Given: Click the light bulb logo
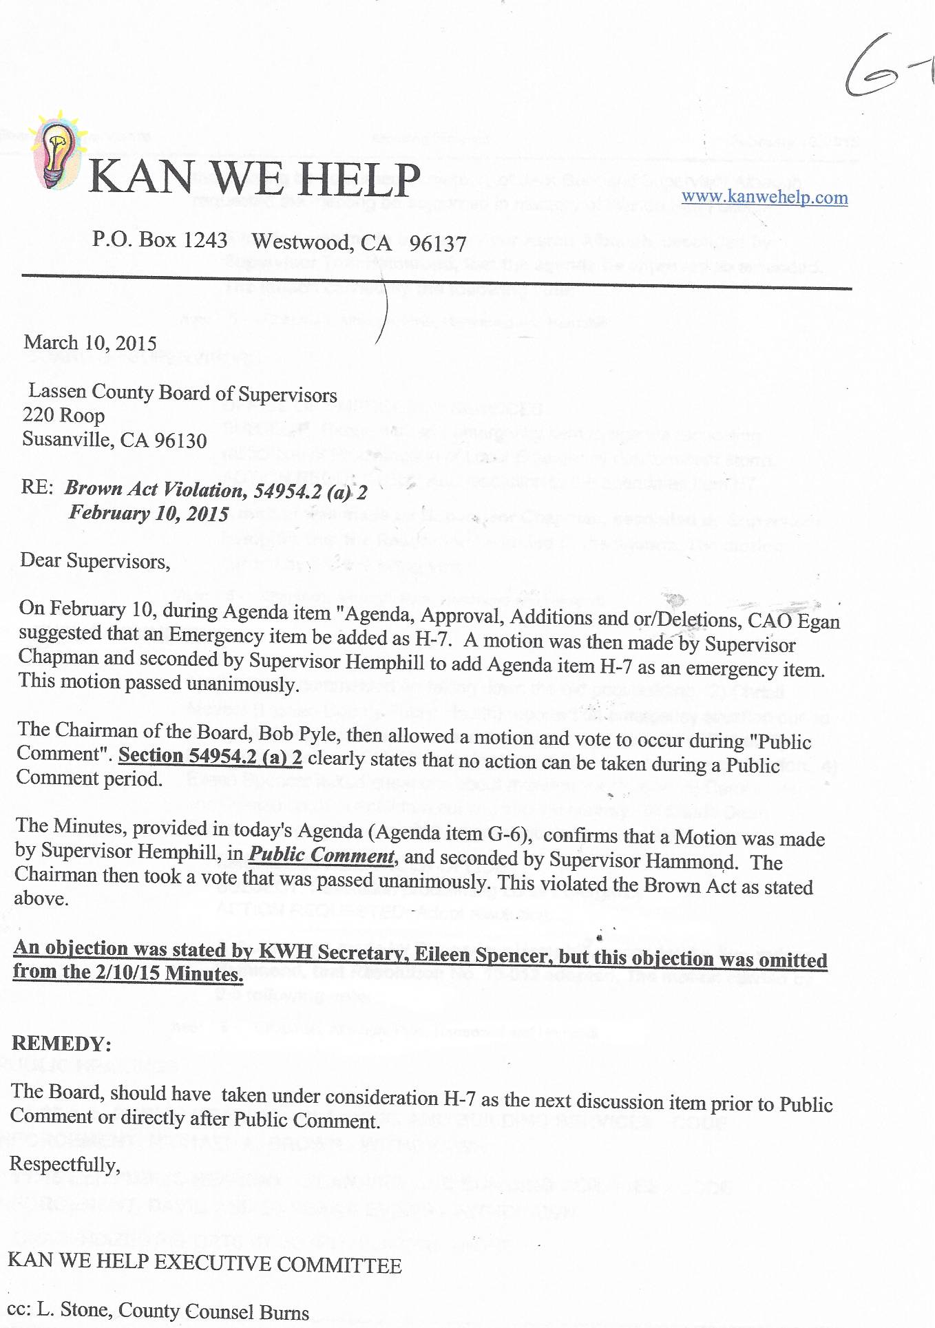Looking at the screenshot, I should pyautogui.click(x=56, y=150).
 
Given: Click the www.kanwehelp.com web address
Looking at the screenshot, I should pyautogui.click(x=764, y=198).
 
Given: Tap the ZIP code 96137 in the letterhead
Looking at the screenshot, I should pyautogui.click(x=438, y=244).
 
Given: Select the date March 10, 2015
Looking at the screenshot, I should pyautogui.click(x=90, y=343).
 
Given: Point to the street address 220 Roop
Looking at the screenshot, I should pyautogui.click(x=63, y=415).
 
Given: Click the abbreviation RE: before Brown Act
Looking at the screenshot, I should pyautogui.click(x=37, y=487).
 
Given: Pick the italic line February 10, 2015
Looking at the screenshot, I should pyautogui.click(x=149, y=513).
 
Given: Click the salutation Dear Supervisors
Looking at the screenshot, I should pyautogui.click(x=95, y=561).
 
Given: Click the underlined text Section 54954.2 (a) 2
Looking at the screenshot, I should pyautogui.click(x=210, y=756).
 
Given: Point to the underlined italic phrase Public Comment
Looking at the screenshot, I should pyautogui.click(x=322, y=855).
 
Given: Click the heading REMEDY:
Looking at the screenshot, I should pyautogui.click(x=61, y=1043).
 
